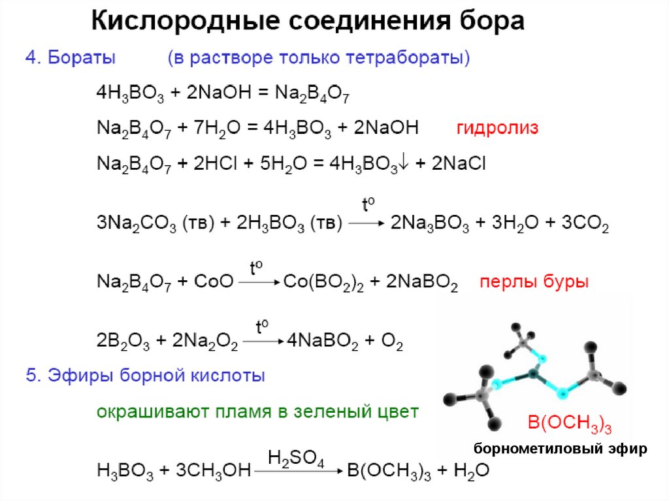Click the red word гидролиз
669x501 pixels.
pos(497,128)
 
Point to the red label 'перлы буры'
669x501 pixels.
pos(534,282)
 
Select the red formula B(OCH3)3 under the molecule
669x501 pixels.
pos(569,425)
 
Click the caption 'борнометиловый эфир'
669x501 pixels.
pos(561,449)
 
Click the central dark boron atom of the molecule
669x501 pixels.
pos(532,374)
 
